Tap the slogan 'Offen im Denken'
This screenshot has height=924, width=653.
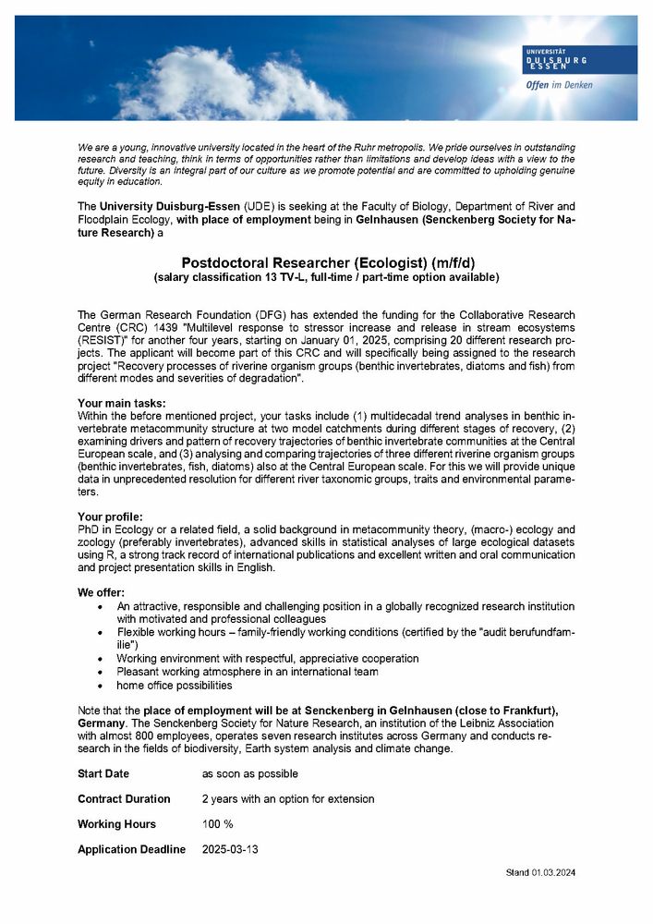pos(559,85)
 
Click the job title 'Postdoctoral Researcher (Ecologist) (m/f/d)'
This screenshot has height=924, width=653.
pos(326,262)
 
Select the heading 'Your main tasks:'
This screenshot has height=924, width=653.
pos(122,403)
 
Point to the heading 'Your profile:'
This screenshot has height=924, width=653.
pos(111,516)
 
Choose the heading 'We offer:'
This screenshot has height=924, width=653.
pos(102,591)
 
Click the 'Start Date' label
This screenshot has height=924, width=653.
pos(103,773)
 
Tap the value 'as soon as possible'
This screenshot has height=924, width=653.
pos(250,773)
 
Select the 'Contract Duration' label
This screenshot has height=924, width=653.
pos(124,798)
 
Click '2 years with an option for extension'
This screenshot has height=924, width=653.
pos(288,798)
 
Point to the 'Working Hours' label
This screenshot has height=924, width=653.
pos(116,823)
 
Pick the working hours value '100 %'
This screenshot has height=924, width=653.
pos(218,823)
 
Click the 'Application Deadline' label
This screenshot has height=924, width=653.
pos(131,849)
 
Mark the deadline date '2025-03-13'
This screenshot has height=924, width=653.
pos(231,849)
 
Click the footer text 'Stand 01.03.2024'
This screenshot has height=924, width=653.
pos(540,872)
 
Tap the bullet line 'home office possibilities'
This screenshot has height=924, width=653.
pos(174,686)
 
